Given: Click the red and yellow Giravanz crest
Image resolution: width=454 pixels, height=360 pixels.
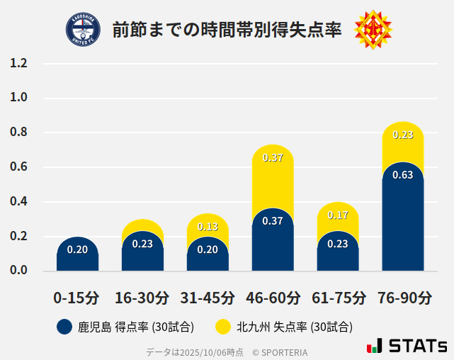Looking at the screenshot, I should point(373,29).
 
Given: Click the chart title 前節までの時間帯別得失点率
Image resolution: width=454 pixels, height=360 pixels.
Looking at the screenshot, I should point(227,30).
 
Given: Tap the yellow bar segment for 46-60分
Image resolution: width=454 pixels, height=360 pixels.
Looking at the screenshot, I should point(273,181).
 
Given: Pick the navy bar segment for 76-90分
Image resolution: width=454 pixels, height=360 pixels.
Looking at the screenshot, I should point(403,220).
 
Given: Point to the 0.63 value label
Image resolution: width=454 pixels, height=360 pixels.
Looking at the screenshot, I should point(403,175).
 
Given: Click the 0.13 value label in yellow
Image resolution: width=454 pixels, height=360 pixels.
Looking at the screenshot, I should point(208,227).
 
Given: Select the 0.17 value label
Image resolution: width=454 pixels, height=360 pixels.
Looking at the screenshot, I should point(338,215).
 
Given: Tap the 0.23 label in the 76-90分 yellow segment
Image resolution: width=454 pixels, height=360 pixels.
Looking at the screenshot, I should point(403,135).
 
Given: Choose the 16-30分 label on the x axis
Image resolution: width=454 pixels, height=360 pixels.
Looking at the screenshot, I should point(142,298).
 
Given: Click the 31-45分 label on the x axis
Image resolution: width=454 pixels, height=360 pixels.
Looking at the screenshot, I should point(208,298).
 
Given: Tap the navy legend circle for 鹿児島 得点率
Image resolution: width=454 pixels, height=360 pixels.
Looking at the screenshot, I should point(64,327).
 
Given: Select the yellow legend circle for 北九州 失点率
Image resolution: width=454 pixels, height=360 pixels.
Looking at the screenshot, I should point(223,327).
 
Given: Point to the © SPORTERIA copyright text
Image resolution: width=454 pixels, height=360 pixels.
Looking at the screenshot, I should point(280,352).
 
